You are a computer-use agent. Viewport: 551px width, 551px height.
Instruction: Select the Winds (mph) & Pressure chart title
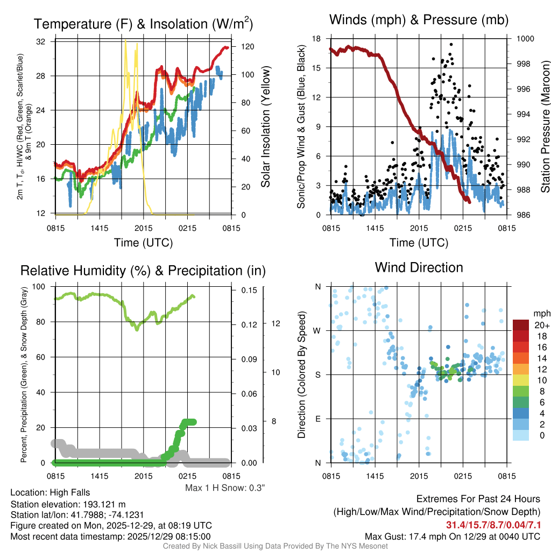coord(419,20)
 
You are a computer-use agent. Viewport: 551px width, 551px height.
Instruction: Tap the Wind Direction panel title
coord(419,267)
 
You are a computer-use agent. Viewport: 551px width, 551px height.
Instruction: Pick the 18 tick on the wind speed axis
coord(317,39)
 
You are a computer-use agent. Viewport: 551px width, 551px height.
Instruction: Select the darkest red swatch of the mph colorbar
coord(521,325)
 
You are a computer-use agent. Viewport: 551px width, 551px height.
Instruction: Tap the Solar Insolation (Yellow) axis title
coord(265,127)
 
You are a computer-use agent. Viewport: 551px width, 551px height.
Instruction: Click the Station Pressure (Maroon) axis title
coord(545,127)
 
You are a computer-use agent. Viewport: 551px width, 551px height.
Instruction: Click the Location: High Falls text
coord(50,492)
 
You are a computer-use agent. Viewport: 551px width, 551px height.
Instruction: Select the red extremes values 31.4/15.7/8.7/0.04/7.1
coord(493,525)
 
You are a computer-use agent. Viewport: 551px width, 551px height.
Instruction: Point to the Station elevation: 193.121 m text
coord(68,504)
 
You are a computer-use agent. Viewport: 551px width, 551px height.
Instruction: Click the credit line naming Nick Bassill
coord(275,546)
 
